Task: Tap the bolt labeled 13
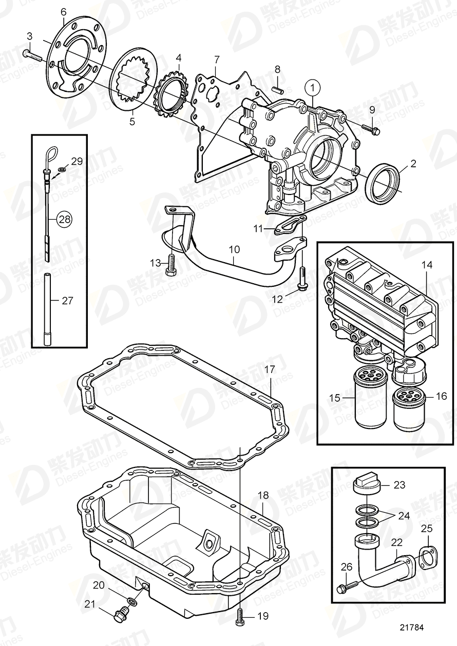172,265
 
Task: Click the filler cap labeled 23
366,484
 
